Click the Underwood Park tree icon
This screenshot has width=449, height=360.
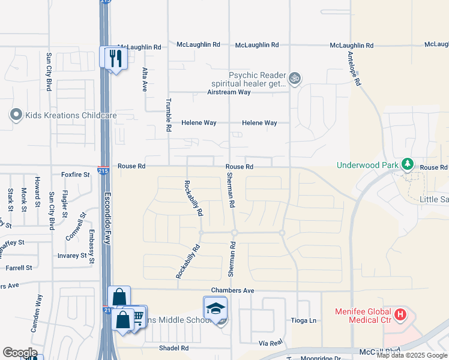click(x=408, y=164)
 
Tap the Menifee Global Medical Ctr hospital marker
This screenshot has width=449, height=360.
click(x=400, y=314)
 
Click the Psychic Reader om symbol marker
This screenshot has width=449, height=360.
click(x=294, y=77)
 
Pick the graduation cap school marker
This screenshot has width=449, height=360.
click(x=215, y=308)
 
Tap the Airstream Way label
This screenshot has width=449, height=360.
click(x=229, y=92)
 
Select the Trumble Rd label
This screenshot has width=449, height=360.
click(x=169, y=115)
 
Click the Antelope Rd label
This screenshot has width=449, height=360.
click(x=354, y=67)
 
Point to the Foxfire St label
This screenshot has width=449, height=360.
click(x=75, y=175)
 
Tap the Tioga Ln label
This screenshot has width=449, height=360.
click(x=303, y=320)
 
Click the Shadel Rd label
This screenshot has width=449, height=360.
click(x=174, y=348)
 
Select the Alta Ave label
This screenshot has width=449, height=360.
click(x=144, y=79)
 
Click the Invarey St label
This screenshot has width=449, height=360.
click(x=73, y=256)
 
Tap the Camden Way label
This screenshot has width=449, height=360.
click(x=36, y=314)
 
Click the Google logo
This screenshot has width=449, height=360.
click(x=20, y=353)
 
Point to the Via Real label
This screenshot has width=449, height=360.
click(x=271, y=343)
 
